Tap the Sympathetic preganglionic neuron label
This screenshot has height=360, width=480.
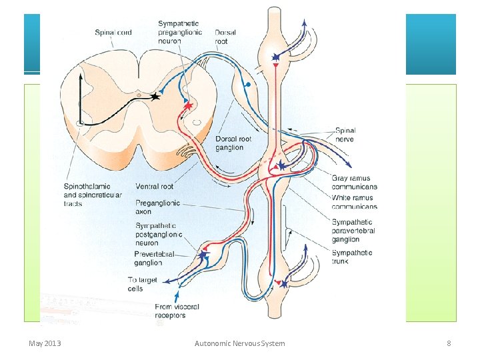179,32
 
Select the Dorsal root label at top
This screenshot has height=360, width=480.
225,37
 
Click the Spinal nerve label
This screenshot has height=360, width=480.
345,135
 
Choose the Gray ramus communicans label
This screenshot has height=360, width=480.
354,183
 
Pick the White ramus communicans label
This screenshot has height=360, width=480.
354,202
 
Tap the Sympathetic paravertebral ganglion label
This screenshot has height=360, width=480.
353,231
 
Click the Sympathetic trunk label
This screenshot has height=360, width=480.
352,257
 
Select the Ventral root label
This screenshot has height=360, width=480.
155,186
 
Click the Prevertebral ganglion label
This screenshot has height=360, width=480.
154,258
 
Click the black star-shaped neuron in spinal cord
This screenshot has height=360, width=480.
155,97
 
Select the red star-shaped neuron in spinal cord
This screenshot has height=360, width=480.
188,105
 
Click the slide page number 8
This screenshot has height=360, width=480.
449,343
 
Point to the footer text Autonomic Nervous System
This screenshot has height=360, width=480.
239,343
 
